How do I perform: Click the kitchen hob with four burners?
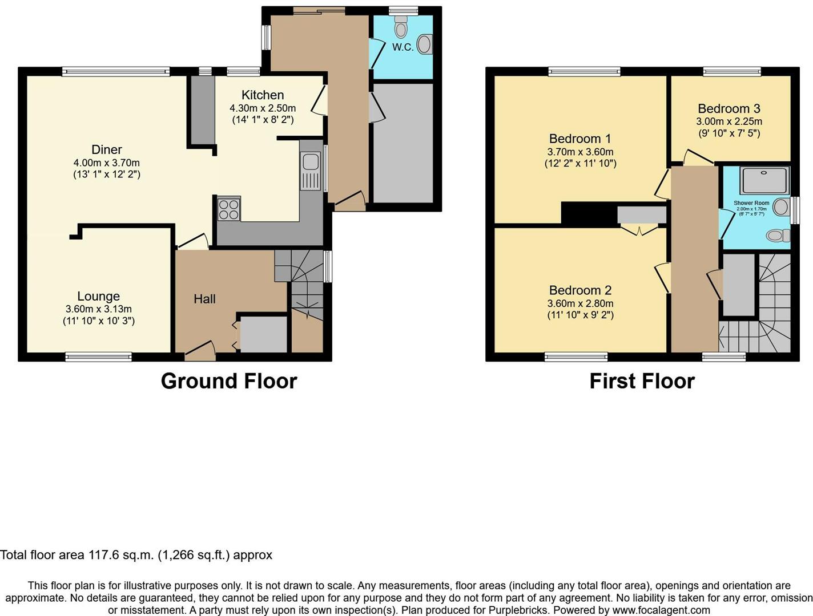(x=229, y=209)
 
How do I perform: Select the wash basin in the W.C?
(x=425, y=44)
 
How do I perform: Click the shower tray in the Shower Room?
(x=764, y=180)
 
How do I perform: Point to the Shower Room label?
(x=751, y=203)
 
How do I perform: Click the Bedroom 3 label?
(x=729, y=109)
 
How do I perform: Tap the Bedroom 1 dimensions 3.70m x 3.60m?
(x=580, y=152)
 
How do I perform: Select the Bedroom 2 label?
(x=580, y=290)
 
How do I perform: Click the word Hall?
(x=204, y=299)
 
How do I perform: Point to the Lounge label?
(x=99, y=297)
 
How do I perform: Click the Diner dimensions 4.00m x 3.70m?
(x=107, y=163)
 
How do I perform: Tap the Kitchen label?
(x=263, y=95)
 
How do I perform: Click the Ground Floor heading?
(x=229, y=381)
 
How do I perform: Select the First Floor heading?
(x=642, y=381)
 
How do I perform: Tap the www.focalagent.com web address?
(x=661, y=610)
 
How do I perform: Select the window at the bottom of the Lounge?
(x=98, y=357)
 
